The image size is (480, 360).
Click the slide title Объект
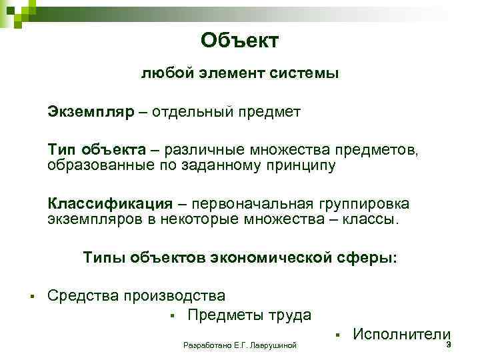point(239,41)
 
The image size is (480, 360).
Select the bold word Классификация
point(109,203)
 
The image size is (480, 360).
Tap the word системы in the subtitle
point(308,73)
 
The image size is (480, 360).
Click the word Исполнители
point(401,335)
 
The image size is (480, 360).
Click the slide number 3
point(449,345)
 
